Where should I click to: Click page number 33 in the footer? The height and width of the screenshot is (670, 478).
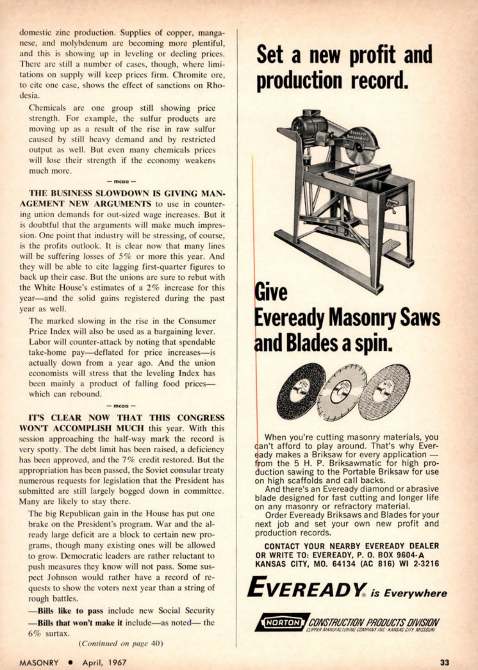pyautogui.click(x=444, y=662)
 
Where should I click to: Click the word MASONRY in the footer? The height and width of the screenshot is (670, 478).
pyautogui.click(x=39, y=662)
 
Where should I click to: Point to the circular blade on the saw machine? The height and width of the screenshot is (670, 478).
pyautogui.click(x=363, y=149)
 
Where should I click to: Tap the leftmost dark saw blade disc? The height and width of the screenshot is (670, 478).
pyautogui.click(x=301, y=391)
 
